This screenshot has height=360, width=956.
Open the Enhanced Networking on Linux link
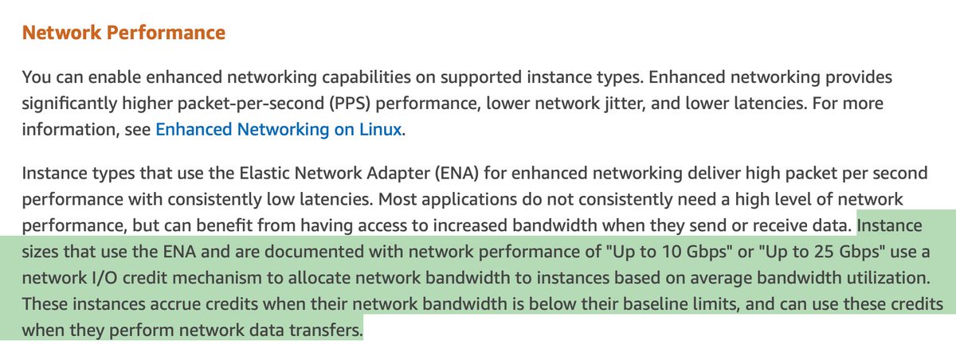pos(279,129)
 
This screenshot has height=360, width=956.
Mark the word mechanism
pos(206,279)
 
